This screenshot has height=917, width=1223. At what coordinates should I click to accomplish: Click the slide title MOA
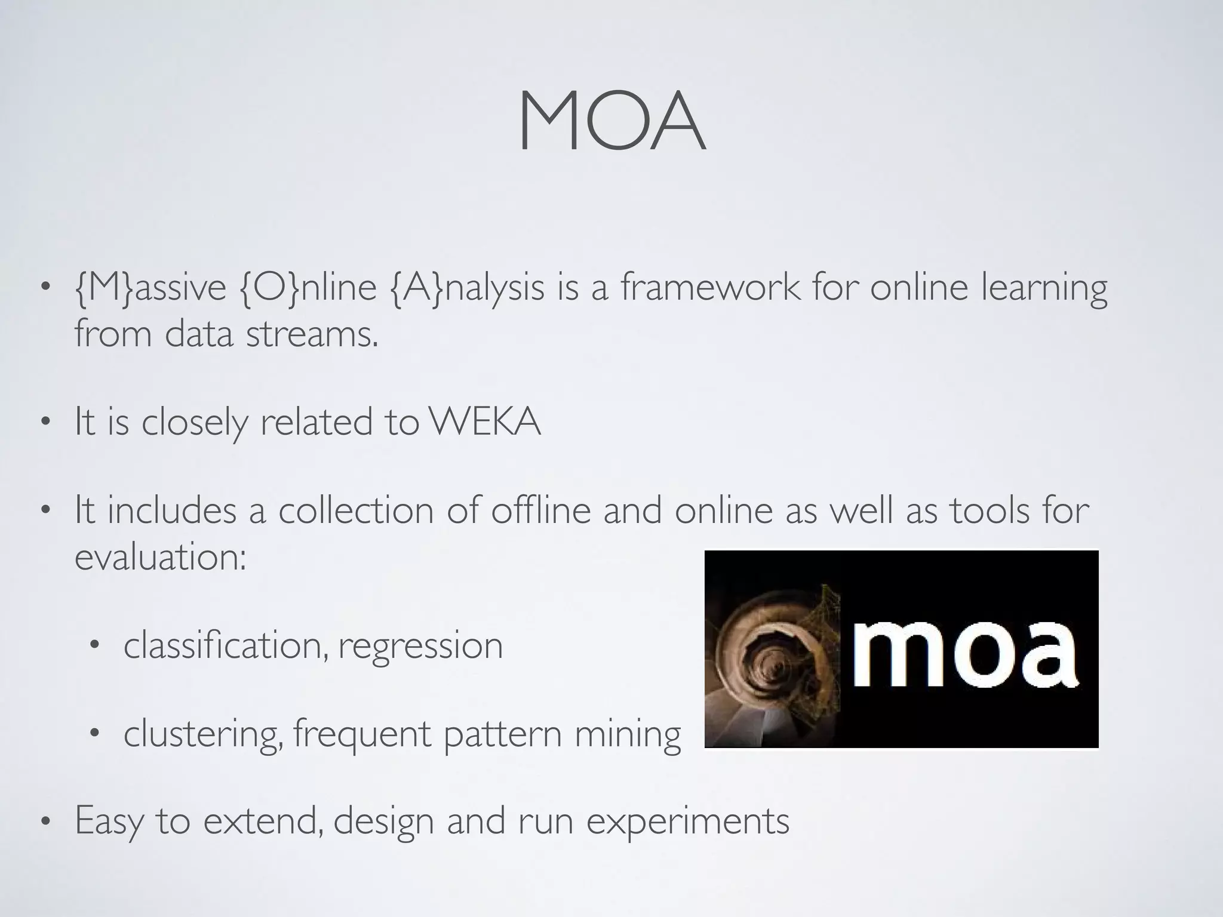click(x=611, y=123)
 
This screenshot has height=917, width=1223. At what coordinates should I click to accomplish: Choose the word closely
click(x=195, y=423)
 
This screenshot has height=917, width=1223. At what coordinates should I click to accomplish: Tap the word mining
click(x=628, y=734)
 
